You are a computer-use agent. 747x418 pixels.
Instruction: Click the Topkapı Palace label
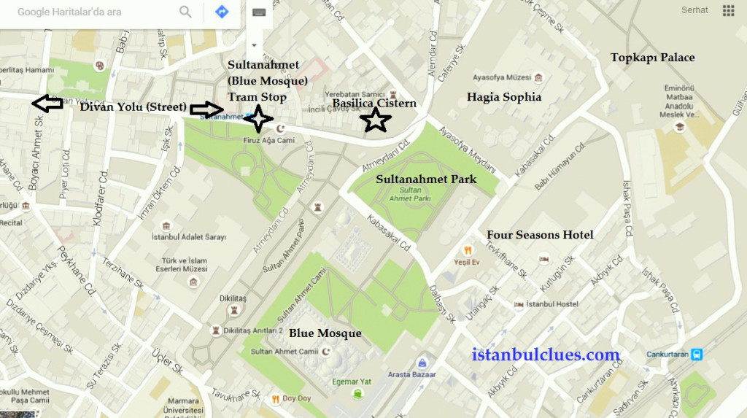[652, 58]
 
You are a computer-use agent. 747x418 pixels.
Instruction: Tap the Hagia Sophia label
[504, 96]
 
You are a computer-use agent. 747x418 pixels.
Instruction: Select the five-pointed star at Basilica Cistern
[376, 120]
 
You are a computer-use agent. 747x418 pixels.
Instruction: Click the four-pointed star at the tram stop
[258, 118]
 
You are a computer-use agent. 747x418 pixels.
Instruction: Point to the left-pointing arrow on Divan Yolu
[47, 104]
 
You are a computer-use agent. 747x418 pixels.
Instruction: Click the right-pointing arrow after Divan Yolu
[204, 110]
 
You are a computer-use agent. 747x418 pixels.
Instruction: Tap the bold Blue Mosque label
[325, 333]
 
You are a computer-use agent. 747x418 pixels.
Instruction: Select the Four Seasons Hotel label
[540, 235]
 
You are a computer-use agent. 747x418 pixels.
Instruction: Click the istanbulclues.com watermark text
[546, 355]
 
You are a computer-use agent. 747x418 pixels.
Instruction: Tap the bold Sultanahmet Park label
[426, 179]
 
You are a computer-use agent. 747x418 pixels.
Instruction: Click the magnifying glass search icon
[185, 12]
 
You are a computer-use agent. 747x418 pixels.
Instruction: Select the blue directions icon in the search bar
[222, 12]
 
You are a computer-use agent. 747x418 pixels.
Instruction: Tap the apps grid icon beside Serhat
[728, 10]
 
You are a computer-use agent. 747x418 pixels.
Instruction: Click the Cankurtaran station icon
[698, 355]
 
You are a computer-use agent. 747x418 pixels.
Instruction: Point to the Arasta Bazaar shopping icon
[422, 363]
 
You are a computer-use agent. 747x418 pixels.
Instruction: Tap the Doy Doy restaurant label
[295, 398]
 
